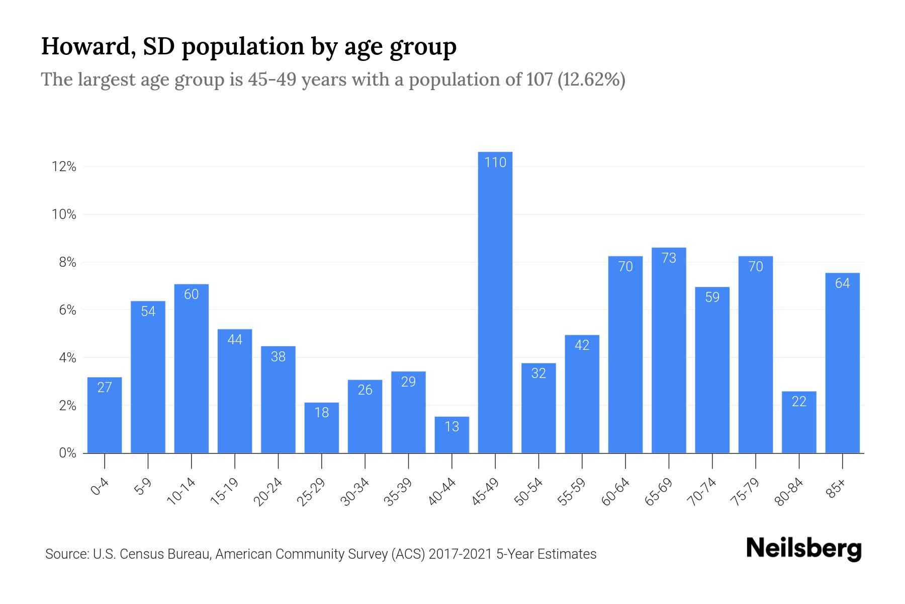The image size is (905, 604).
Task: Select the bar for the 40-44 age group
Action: click(451, 436)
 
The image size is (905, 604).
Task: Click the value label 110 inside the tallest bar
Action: click(495, 163)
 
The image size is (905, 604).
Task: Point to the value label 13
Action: click(451, 427)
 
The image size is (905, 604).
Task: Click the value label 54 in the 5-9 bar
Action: click(148, 312)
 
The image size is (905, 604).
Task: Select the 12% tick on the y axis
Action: click(64, 167)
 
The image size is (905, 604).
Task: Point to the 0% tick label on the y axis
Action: click(67, 453)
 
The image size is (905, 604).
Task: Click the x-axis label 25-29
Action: click(311, 492)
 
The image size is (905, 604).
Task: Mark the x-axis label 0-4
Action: click(100, 487)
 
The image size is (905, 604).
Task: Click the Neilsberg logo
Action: click(803, 549)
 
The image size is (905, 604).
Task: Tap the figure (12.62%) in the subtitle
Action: click(591, 80)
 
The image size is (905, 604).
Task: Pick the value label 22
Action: click(799, 402)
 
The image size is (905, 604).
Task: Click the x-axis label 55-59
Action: click(572, 492)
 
